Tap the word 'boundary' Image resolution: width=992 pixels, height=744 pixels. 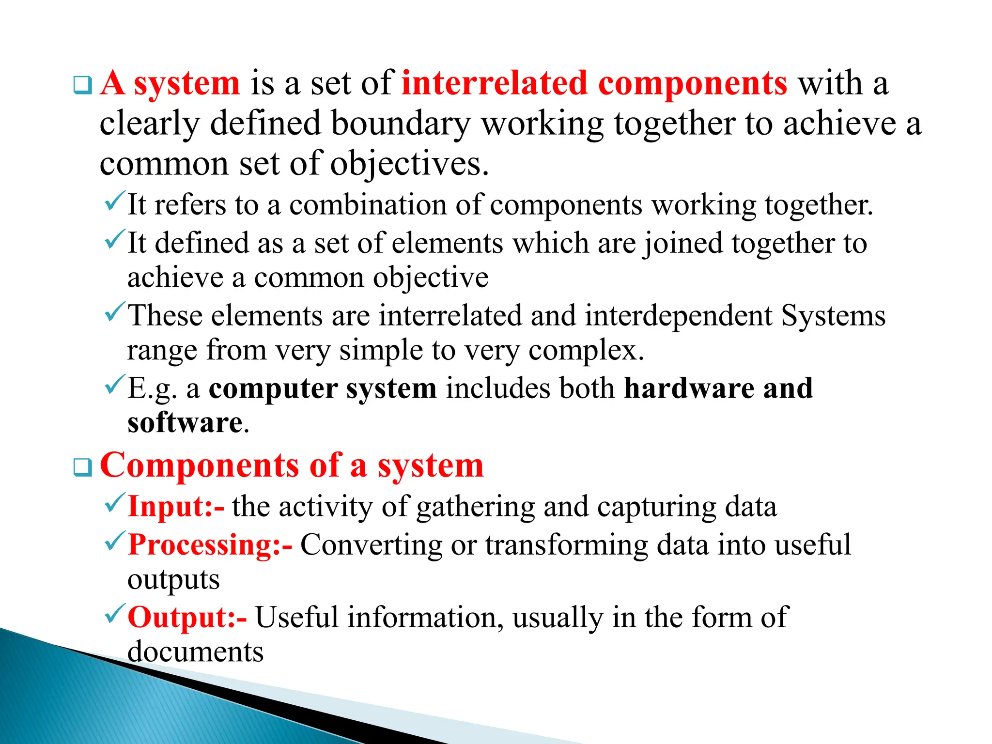pos(401,124)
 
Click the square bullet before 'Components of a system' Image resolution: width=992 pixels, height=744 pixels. pos(82,468)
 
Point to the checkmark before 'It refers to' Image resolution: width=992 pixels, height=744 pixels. pos(114,201)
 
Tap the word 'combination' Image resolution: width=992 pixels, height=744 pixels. pos(368,205)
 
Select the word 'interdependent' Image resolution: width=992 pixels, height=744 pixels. pos(678,316)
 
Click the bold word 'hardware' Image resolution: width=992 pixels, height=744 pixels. pos(688,388)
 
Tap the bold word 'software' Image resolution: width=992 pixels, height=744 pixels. pos(185,423)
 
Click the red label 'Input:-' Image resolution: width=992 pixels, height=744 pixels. pos(176,507)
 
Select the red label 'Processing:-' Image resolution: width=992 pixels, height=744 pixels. pos(210,545)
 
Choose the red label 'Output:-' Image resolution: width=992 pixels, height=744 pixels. pos(187,618)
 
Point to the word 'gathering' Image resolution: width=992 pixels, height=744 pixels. pos(475,508)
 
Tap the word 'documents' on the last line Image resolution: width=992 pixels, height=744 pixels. pos(195,652)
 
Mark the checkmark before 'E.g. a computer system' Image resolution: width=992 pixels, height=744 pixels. pos(114,385)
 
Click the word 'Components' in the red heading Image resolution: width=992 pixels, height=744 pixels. pos(199,466)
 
